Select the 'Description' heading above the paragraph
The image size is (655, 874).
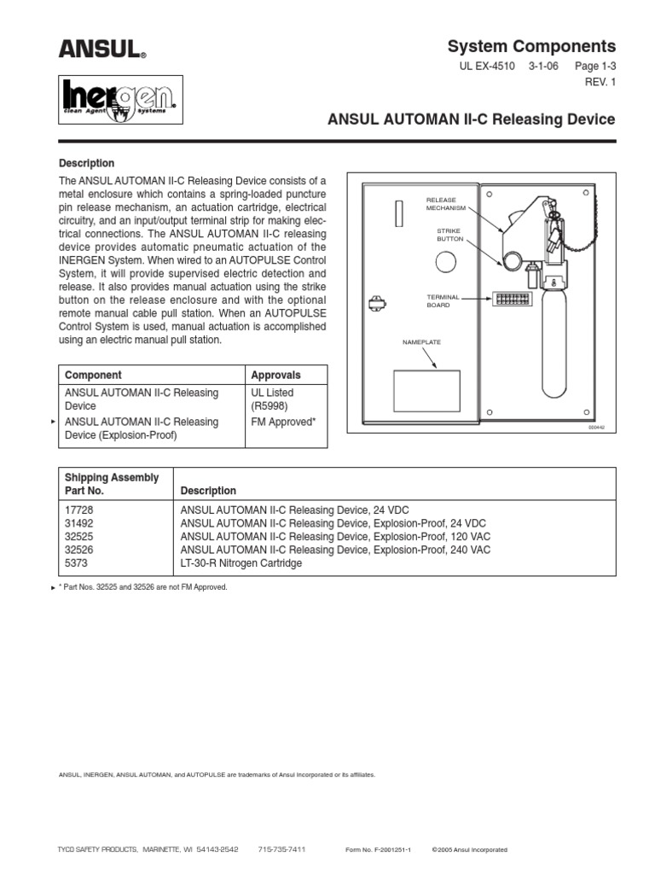[x=86, y=163]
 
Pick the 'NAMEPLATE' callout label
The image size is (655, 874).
[x=420, y=342]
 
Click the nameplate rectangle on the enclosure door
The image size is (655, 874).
[x=426, y=391]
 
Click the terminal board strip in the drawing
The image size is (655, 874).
[x=510, y=299]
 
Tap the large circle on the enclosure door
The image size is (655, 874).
[x=447, y=263]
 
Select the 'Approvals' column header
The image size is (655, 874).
[x=275, y=375]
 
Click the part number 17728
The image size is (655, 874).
[x=79, y=509]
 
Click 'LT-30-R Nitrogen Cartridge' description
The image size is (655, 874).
[x=241, y=563]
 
